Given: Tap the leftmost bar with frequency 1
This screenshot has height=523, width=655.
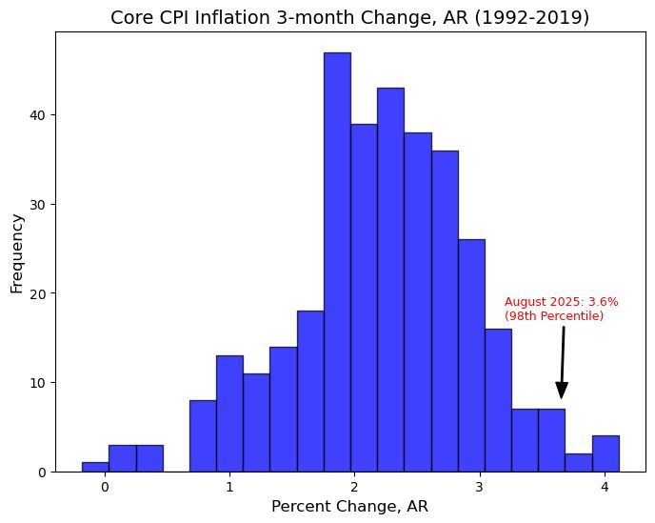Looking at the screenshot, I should [x=95, y=467].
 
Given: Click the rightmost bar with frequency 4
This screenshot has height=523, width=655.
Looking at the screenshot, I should [x=605, y=453].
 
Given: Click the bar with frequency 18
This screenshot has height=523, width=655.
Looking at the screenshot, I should [x=310, y=391].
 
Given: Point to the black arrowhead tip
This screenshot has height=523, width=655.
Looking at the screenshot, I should [x=562, y=398].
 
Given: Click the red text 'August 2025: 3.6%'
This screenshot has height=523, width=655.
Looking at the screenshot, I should [x=561, y=301].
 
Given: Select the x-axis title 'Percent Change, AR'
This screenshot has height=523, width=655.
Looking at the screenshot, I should [x=350, y=507].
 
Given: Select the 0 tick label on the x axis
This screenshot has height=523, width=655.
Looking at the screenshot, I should [x=104, y=486].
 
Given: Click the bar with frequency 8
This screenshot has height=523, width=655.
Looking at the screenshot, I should [x=203, y=435].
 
